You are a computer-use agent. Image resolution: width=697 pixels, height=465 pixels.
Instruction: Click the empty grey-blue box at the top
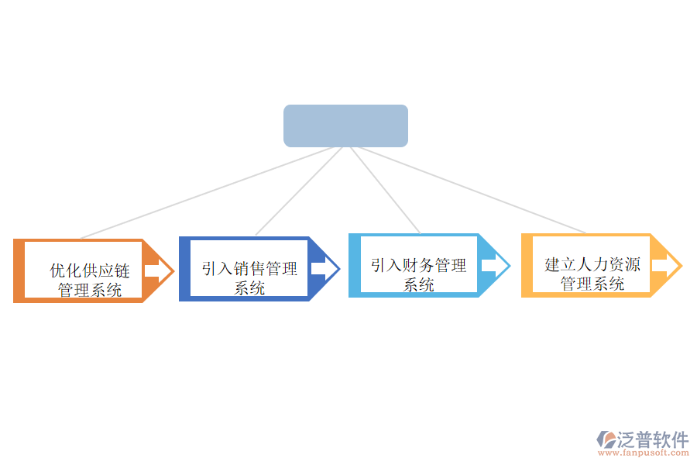coord(345,126)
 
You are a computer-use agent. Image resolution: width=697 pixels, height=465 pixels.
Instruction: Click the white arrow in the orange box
coord(158,270)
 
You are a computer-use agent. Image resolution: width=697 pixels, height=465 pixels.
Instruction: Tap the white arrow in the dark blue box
coord(324,269)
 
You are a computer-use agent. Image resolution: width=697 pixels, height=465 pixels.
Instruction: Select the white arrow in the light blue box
coord(494,266)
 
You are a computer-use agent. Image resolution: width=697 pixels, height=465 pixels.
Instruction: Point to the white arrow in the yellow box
coord(665,266)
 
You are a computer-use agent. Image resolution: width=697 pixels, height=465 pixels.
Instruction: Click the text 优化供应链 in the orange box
coord(90,270)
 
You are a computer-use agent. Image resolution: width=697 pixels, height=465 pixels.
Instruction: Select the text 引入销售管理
coord(249,269)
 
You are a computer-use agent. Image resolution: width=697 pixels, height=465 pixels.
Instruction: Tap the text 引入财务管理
coord(418,266)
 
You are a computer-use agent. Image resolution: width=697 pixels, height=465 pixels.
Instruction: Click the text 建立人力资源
coord(592,264)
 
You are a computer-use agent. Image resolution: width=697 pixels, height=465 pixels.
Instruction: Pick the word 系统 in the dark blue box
coord(249,288)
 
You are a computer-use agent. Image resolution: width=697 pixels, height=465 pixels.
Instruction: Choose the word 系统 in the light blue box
coord(418,285)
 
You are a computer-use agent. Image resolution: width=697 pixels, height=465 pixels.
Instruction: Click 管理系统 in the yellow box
coord(592,284)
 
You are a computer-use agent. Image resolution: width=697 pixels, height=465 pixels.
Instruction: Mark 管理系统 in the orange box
coord(90,291)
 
